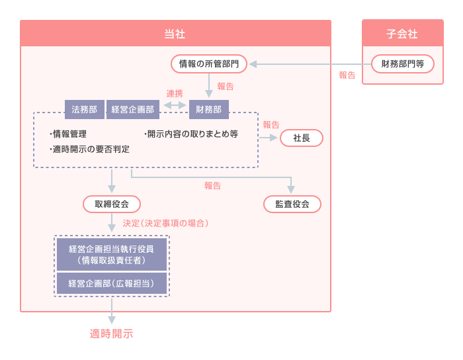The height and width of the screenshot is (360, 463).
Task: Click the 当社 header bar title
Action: [x=175, y=33]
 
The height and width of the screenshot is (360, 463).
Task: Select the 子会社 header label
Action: [x=402, y=33]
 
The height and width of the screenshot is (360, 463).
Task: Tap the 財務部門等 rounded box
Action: [x=403, y=64]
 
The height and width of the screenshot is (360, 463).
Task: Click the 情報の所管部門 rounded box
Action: [x=209, y=64]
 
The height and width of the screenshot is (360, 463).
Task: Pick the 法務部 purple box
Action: [x=84, y=109]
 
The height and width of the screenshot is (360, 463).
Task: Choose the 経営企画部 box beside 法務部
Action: [x=133, y=109]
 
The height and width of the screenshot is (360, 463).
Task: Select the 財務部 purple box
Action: [x=209, y=109]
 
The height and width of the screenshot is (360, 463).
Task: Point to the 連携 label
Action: [x=175, y=94]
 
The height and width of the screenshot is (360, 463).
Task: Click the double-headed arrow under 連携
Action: [x=175, y=105]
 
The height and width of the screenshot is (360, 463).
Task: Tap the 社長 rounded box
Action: [x=302, y=138]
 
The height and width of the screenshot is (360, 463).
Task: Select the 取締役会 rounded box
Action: [x=112, y=204]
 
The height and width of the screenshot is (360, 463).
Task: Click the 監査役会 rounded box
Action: [x=292, y=204]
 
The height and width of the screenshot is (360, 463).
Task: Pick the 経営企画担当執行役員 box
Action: [x=111, y=255]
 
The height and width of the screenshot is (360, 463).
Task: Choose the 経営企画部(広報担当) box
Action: [x=111, y=284]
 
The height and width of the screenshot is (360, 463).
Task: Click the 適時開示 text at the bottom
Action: [x=111, y=334]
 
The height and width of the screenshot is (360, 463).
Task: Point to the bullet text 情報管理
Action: [x=69, y=134]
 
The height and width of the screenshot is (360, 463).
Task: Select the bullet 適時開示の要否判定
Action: [x=90, y=149]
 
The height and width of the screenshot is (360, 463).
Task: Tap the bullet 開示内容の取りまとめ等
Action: [x=191, y=134]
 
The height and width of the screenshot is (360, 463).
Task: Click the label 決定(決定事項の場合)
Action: [x=166, y=224]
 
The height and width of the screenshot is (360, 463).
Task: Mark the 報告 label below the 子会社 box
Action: [x=347, y=75]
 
